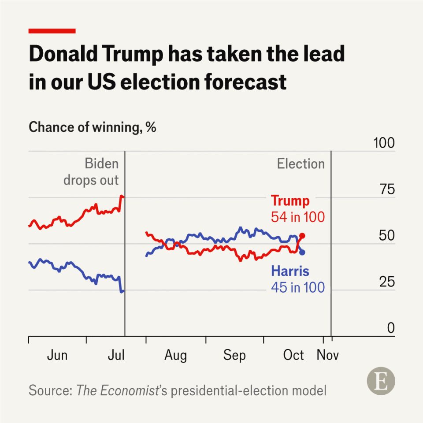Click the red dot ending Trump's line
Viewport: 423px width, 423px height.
pos(302,236)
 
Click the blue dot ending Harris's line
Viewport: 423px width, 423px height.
pos(302,252)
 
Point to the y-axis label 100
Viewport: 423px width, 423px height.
pos(383,143)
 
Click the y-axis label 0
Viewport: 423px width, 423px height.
pos(390,328)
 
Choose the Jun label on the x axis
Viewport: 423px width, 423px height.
pos(57,355)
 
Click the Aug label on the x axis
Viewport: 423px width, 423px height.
pos(175,355)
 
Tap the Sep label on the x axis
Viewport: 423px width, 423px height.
pos(234,355)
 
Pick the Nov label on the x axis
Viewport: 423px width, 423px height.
pos(328,355)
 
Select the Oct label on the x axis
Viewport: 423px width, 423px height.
pos(293,355)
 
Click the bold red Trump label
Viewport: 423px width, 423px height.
pos(290,201)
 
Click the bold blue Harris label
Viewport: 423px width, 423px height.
pos(290,271)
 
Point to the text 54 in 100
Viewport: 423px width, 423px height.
pos(297,217)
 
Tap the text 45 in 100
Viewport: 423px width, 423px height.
pos(297,287)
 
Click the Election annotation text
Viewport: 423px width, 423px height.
pos(301,164)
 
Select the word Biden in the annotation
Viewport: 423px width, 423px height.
pos(102,164)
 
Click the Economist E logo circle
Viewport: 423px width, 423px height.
pos(381,382)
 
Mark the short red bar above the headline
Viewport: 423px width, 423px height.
pos(52,31)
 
